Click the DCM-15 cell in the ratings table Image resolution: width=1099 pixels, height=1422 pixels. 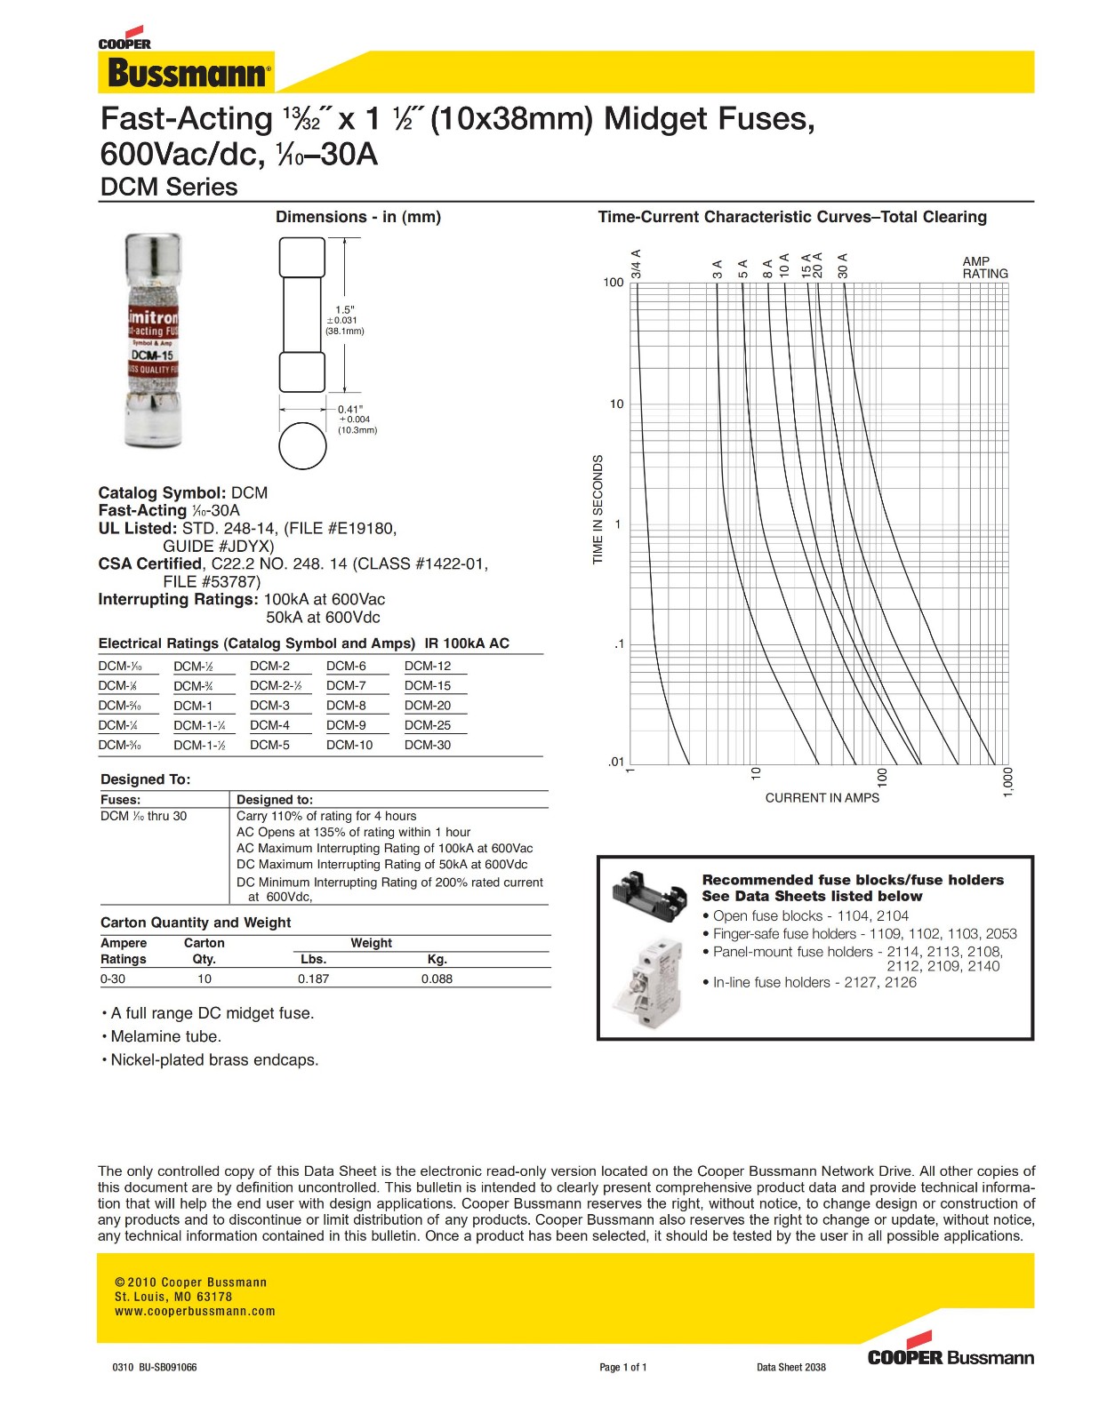tap(428, 686)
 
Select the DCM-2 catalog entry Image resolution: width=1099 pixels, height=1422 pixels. tap(269, 666)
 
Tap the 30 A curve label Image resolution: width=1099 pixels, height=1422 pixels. tap(843, 266)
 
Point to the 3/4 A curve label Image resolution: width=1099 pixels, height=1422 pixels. tap(636, 264)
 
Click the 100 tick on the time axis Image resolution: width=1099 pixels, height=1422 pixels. tap(614, 283)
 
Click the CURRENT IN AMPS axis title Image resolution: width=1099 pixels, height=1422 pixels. tap(822, 798)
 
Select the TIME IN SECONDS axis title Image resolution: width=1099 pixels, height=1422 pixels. tap(598, 509)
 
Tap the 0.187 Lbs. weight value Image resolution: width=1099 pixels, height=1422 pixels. tap(313, 979)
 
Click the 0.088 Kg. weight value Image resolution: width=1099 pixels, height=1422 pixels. tap(437, 979)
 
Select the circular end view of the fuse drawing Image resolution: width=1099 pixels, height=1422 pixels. tap(302, 445)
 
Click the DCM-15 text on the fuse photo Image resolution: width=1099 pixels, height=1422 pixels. tap(152, 355)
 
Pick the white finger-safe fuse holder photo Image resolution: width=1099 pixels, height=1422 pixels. tap(648, 981)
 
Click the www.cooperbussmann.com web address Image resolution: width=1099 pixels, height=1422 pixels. tap(195, 1311)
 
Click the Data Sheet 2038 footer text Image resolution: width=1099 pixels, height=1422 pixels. tap(790, 1367)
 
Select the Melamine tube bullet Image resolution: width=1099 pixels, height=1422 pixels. tap(165, 1036)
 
